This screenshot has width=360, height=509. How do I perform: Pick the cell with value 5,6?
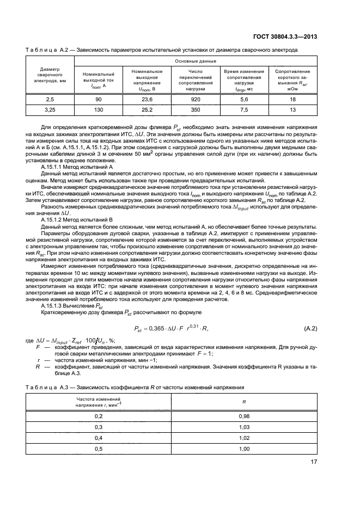tap(243, 100)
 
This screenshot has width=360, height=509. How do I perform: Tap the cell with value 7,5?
tap(243, 109)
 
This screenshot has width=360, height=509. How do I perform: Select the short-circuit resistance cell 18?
tap(292, 100)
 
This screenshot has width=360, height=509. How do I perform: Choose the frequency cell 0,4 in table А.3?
tap(99, 438)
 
